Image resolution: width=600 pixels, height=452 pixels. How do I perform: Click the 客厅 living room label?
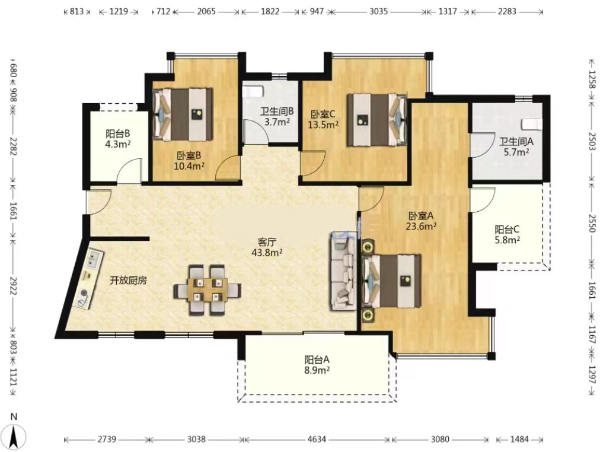267,242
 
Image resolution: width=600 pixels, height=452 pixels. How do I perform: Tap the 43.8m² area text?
267,253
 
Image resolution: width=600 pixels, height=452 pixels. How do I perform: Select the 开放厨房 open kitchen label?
128,281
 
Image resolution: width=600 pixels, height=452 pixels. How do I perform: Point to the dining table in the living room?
208,291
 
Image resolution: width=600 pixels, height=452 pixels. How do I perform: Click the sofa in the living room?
344,272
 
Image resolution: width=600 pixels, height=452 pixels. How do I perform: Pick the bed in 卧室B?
183,114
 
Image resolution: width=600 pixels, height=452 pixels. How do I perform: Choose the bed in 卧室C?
376,119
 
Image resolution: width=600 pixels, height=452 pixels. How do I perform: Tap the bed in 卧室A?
391,281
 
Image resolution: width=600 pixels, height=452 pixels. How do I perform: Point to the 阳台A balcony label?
317,360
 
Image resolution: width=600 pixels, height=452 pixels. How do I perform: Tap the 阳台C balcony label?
507,230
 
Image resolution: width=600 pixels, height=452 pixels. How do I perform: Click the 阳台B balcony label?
118,133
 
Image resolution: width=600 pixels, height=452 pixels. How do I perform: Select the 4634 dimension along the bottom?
317,439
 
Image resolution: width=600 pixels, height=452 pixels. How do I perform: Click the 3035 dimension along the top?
378,11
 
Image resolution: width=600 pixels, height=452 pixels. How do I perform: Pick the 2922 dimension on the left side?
14,287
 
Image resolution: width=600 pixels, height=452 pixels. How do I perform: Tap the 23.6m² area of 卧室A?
422,226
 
